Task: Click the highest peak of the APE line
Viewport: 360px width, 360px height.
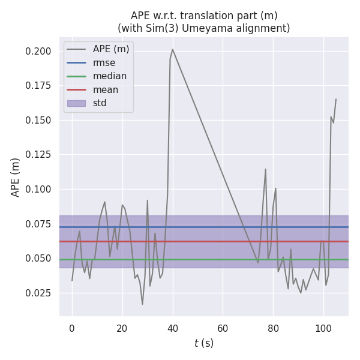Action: coord(172,49)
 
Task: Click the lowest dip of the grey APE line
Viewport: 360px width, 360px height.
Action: coord(142,304)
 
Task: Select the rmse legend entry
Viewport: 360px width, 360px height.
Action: coord(104,62)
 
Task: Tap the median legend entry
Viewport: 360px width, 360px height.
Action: coord(109,76)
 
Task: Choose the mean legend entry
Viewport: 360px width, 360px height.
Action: coord(106,90)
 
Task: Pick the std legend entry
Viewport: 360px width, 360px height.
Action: coord(100,103)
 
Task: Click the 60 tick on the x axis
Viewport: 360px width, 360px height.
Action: coord(223,328)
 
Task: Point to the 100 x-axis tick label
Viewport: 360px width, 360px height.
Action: coord(323,328)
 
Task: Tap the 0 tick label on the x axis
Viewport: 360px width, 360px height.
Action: coord(72,328)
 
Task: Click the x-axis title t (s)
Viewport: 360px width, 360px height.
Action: coord(203,343)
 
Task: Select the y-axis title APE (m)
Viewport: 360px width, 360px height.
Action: coord(16,177)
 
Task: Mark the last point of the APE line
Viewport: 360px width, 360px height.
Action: coord(335,99)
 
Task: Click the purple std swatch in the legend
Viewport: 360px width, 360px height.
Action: coord(76,103)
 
